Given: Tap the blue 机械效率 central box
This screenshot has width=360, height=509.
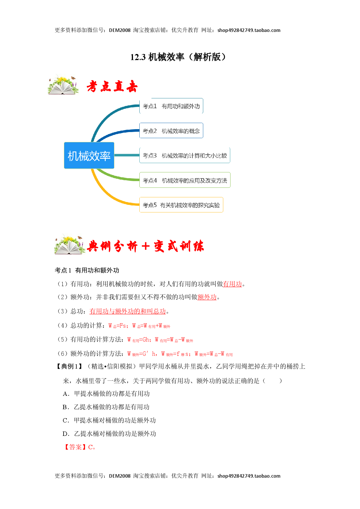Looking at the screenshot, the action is pos(89,156).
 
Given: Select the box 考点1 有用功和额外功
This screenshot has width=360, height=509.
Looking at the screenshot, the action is pos(171,106).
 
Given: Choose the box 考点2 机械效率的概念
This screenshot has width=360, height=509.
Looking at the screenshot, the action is pos(171,131).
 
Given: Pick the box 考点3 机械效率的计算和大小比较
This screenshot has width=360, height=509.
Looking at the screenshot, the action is pos(185,156).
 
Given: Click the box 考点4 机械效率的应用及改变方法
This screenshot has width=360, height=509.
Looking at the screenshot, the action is pos(185,180).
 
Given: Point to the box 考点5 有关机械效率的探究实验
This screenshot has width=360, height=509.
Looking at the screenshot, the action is pos(181,205).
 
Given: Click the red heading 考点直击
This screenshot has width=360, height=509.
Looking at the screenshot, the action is pos(112,86).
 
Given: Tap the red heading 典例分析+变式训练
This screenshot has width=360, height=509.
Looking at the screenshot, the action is pos(145,246).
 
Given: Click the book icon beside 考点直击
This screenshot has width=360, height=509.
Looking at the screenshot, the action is pos(63,85).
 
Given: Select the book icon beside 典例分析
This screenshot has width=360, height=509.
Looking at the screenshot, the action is pos(70,245).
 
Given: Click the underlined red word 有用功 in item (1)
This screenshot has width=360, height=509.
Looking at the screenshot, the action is pos(233,284).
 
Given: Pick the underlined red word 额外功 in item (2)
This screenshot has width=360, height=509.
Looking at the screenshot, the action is pos(207,297).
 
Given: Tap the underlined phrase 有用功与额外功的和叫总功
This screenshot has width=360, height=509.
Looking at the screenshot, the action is pos(128,311).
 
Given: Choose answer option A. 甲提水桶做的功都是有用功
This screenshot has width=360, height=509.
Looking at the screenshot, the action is pos(106,394).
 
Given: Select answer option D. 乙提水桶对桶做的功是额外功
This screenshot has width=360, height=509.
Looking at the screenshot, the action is pos(109,434).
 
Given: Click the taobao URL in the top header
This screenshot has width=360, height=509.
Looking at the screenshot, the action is pos(249,30).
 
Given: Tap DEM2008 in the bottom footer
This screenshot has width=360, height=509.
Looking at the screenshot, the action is pos(120,476).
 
